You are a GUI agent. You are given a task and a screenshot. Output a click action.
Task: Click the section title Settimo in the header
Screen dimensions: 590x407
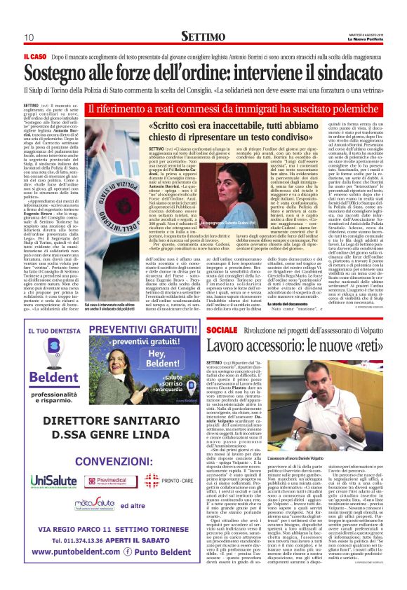click(203, 36)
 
